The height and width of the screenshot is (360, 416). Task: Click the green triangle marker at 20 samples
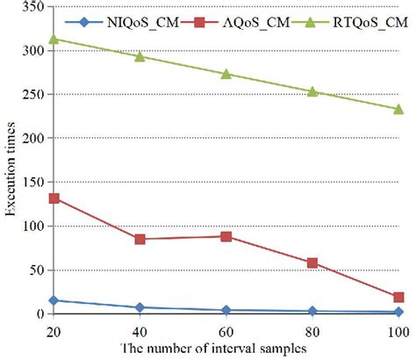(54, 39)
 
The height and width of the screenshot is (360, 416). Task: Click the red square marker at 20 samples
(54, 198)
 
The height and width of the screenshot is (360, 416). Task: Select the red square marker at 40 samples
(140, 239)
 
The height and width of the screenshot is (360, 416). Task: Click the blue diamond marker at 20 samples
(54, 300)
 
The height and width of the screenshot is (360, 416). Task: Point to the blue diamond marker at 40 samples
(140, 307)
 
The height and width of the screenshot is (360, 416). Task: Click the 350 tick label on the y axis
(34, 7)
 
